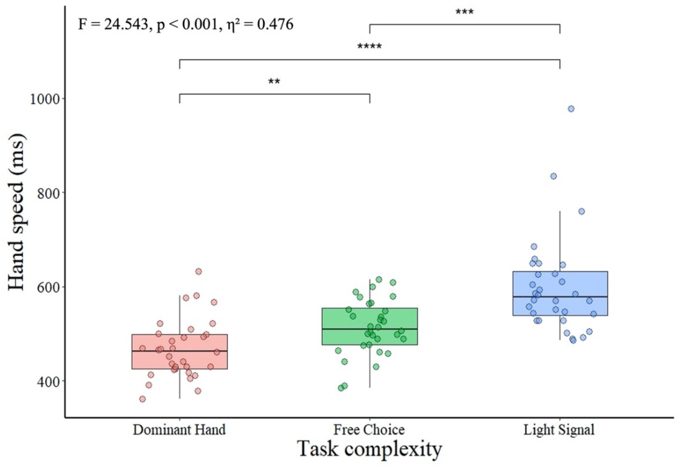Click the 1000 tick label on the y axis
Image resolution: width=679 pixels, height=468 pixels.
pos(44,99)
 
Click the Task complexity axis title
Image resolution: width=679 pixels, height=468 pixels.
pos(369,449)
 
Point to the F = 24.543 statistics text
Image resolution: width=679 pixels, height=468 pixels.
pos(185,25)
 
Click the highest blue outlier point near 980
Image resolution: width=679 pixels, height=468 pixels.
pos(571,109)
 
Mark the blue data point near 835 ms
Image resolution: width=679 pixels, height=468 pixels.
pos(553,176)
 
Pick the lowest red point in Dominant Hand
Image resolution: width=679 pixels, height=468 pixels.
pos(143,399)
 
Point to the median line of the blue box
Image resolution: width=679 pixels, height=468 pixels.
pos(559,297)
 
